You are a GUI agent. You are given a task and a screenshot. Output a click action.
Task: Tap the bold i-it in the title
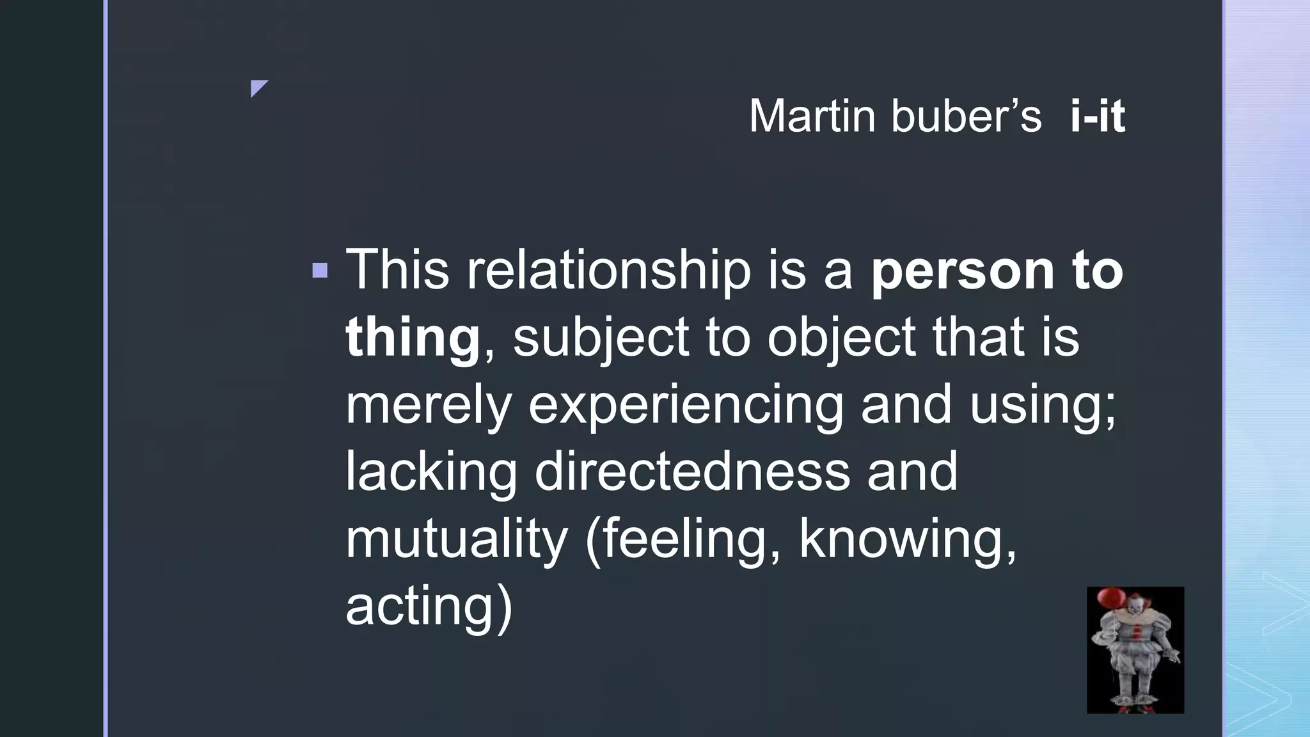tap(1097, 116)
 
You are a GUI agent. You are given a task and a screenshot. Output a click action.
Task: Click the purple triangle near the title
tap(258, 87)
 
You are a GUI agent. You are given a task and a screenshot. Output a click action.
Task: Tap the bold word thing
tap(413, 338)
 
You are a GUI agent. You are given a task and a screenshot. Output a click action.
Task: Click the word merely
tap(428, 406)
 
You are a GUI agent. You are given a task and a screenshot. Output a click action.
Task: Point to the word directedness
tap(692, 472)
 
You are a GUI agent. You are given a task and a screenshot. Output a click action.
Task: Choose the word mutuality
tap(456, 540)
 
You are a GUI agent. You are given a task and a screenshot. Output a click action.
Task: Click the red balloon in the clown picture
tap(1111, 599)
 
